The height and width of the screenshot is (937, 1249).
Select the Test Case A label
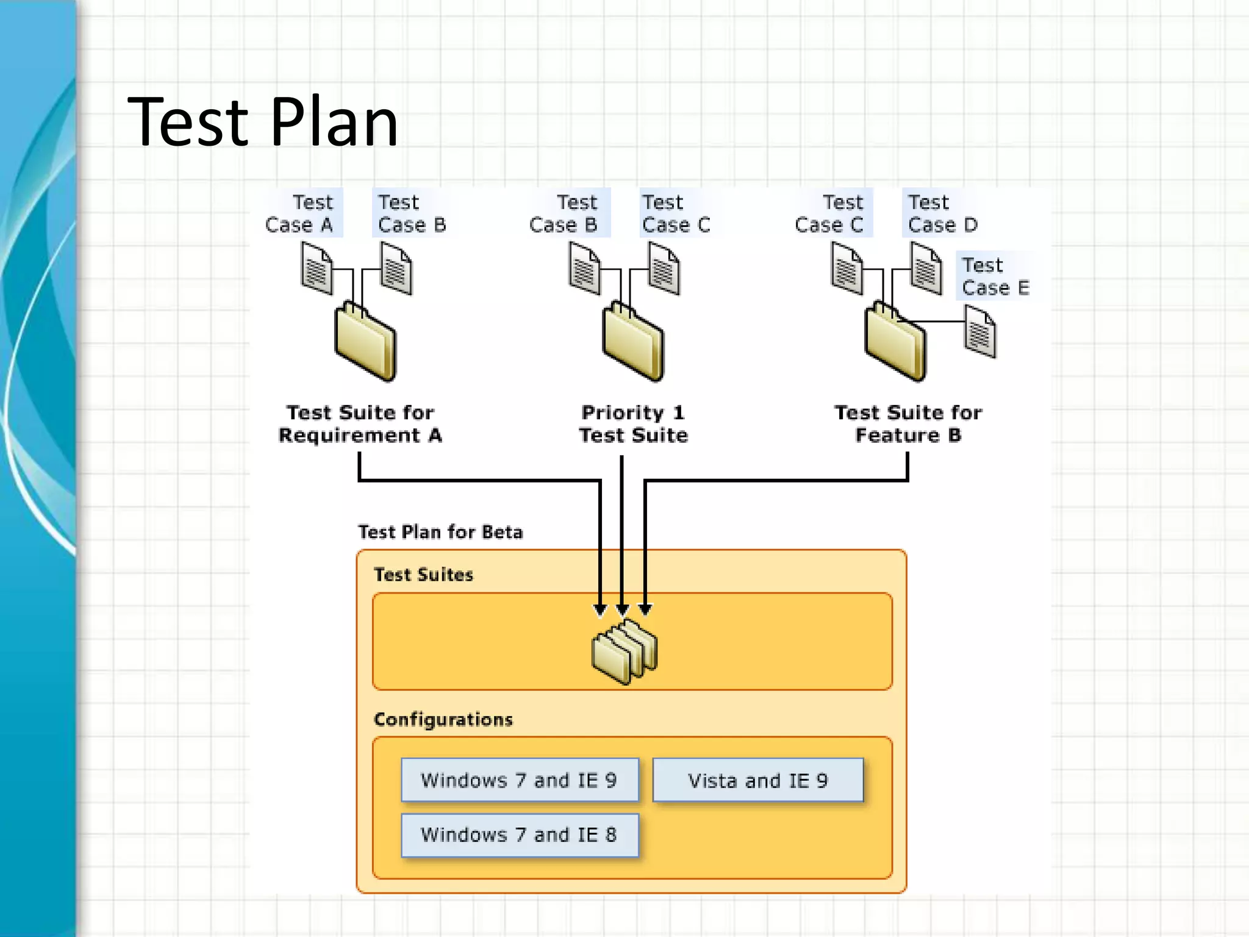tap(300, 214)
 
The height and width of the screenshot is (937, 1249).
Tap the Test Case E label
tap(994, 276)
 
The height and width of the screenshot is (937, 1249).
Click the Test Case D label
tap(942, 214)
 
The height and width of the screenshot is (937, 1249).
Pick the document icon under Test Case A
tap(317, 268)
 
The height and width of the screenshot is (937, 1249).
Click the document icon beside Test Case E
tap(980, 331)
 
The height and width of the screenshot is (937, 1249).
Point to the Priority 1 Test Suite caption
tap(633, 424)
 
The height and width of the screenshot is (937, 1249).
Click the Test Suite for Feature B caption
tap(908, 424)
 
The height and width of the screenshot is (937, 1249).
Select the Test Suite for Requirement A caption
tap(360, 424)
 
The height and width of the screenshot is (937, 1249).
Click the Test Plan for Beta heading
tap(440, 532)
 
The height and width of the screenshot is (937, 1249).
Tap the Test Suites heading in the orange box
tap(423, 575)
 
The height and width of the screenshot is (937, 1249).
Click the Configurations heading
tap(443, 720)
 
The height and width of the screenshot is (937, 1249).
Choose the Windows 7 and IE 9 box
tap(520, 780)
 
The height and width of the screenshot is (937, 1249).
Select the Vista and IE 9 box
tap(758, 780)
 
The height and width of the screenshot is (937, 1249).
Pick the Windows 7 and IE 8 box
tap(520, 835)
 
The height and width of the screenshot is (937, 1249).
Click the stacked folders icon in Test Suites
tap(624, 652)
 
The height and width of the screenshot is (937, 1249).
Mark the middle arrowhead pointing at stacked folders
tap(622, 609)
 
